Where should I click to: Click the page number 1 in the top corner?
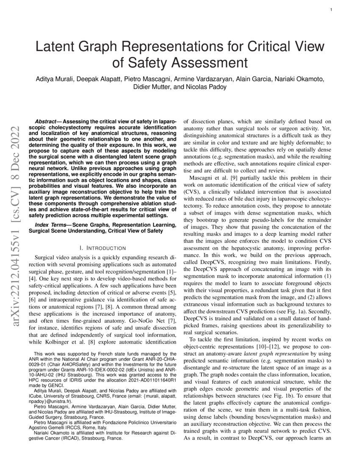(330, 9)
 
